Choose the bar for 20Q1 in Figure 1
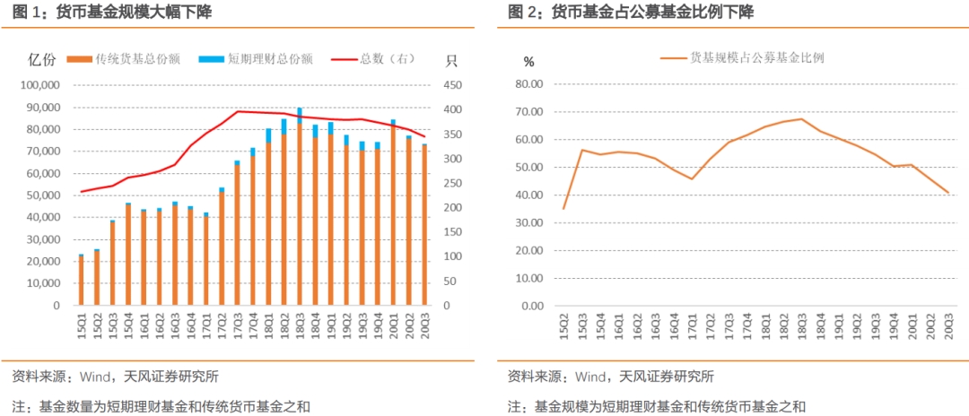click(x=393, y=212)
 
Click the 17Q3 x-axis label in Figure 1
click(x=237, y=323)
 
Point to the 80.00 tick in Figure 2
click(x=529, y=84)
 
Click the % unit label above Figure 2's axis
click(x=528, y=62)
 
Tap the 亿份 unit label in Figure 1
click(x=42, y=60)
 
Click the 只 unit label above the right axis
click(x=451, y=61)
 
